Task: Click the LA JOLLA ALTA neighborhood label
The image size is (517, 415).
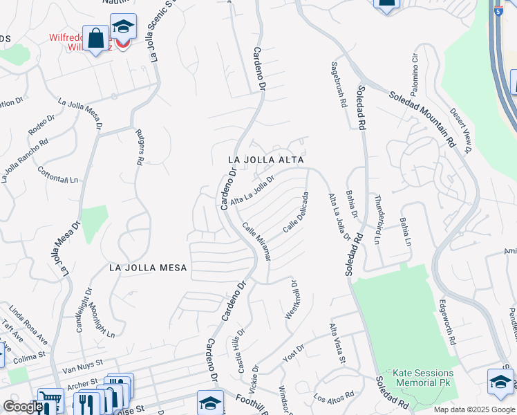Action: [x=266, y=159]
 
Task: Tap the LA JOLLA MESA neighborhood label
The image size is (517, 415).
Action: [x=148, y=267]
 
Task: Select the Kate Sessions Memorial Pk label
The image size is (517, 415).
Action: [x=422, y=377]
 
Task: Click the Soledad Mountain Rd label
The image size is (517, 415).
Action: [x=422, y=118]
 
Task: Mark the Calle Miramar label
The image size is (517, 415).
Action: [x=255, y=241]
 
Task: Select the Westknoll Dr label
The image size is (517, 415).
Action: [x=291, y=299]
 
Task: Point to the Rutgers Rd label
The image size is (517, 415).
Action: [x=140, y=148]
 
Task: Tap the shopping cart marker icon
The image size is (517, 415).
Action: [x=49, y=398]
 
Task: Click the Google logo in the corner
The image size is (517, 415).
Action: [x=23, y=407]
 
